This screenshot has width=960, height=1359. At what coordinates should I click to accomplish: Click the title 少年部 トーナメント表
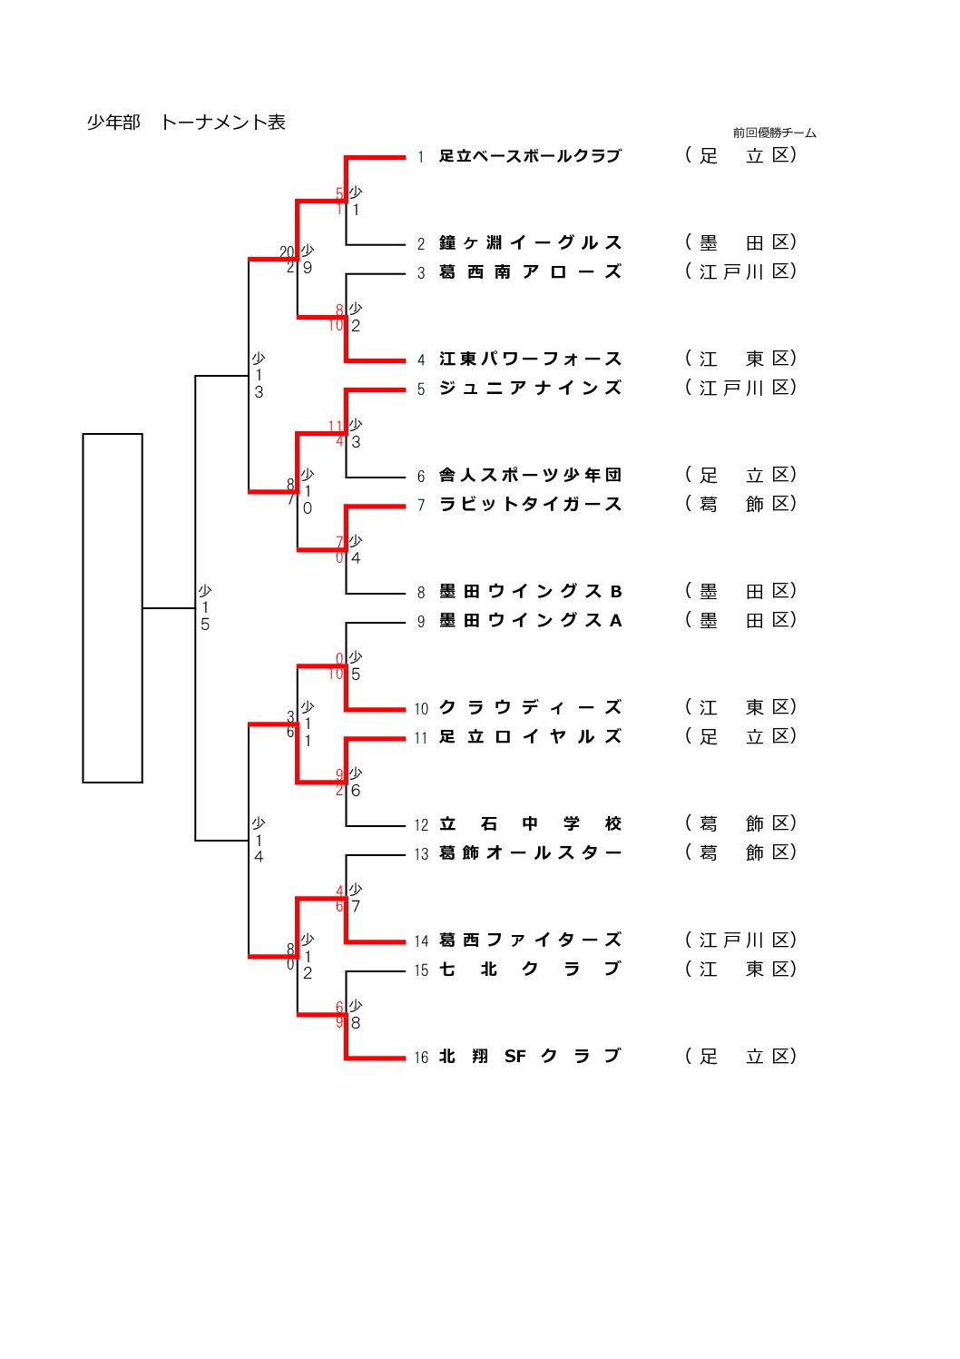click(186, 123)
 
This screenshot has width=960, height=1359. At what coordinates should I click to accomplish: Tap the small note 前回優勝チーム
click(774, 133)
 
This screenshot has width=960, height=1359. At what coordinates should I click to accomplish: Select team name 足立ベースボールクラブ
click(530, 156)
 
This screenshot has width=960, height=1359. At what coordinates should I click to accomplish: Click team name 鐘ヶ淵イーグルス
click(530, 243)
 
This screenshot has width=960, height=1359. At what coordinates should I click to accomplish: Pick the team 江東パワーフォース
click(530, 359)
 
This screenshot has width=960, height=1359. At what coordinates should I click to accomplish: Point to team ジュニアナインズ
click(530, 389)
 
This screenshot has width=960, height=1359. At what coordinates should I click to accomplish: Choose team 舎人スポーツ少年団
click(530, 476)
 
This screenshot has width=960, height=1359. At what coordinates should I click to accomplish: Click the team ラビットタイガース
click(530, 505)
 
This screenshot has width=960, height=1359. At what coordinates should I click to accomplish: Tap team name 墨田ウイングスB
click(530, 592)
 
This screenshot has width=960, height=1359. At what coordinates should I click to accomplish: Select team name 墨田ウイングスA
click(530, 621)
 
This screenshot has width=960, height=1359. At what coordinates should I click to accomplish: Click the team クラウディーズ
click(530, 708)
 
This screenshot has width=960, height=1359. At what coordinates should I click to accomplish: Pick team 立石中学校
click(530, 824)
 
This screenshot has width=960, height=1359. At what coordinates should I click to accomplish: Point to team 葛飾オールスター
click(530, 853)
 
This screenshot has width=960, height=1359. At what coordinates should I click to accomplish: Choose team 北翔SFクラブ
click(530, 1057)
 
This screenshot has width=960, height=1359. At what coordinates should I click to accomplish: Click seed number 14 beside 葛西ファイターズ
click(421, 941)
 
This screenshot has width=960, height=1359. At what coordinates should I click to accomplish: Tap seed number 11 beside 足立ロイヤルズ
click(421, 738)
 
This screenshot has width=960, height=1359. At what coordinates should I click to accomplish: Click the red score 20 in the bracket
click(287, 252)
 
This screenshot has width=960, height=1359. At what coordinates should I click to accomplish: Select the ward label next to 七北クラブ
click(740, 970)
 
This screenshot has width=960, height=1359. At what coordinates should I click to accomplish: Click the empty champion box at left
click(113, 608)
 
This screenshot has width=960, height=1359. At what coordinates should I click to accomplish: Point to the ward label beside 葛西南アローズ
click(740, 272)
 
